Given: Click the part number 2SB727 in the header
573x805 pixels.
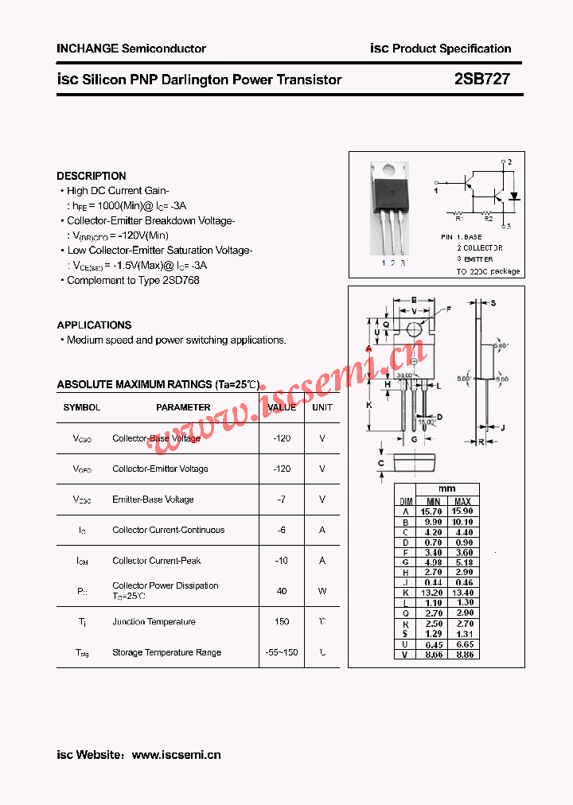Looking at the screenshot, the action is [x=482, y=80].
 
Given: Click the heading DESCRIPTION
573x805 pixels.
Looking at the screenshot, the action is [x=92, y=176].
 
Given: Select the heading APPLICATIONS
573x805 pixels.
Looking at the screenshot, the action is [x=94, y=325].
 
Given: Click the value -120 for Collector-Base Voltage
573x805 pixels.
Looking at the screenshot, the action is [x=282, y=438].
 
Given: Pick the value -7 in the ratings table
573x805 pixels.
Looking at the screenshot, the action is [x=282, y=500].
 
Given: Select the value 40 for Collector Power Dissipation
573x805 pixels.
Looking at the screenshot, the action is [x=282, y=591].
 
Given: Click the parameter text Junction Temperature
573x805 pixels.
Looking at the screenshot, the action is [x=154, y=622].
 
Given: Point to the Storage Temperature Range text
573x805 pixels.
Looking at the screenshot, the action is [x=166, y=652].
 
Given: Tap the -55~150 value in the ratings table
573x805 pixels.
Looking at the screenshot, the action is [x=282, y=652].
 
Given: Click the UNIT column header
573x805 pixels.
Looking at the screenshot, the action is [x=322, y=407].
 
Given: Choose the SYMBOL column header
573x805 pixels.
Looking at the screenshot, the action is [x=82, y=407].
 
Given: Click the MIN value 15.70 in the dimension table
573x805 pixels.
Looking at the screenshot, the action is [x=432, y=511].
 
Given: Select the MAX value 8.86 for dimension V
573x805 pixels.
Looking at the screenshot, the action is [x=463, y=654].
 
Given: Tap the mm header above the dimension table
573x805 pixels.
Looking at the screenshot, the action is [x=447, y=489].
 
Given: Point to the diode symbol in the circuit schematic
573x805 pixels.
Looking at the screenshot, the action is [x=513, y=196].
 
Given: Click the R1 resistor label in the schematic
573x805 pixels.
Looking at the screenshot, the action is [x=458, y=218].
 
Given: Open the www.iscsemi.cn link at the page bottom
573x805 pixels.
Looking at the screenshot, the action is [x=176, y=755].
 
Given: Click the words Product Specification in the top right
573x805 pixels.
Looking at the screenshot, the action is [x=452, y=49].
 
